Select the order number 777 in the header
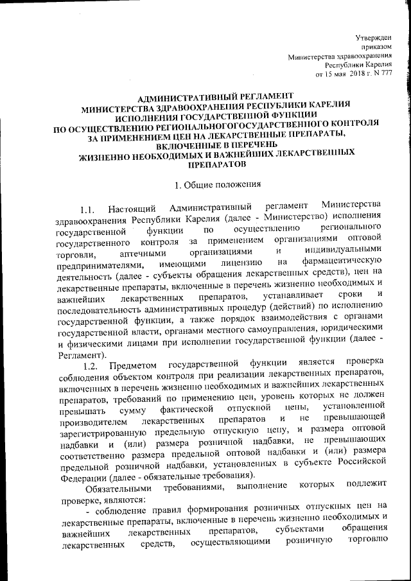tap(394, 74)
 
